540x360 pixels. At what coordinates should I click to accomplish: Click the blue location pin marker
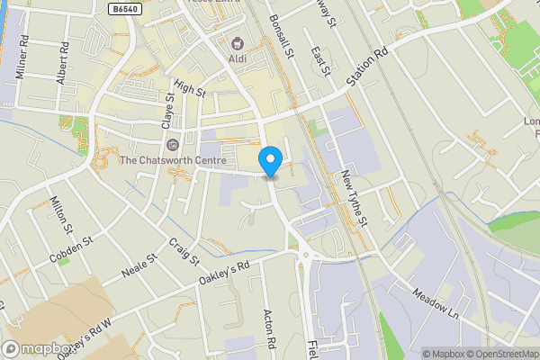point(271,160)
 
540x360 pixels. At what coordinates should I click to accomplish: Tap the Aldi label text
point(238,58)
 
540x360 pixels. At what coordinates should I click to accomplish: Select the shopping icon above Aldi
point(238,42)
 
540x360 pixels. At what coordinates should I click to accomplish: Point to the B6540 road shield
point(126,8)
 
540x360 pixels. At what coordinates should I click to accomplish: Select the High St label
point(191,87)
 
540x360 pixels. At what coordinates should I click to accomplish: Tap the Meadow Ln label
point(436,303)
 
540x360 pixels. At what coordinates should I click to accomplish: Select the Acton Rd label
point(269,327)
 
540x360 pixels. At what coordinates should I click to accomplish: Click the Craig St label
point(184,252)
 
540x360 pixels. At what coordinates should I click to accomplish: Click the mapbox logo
point(38,349)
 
